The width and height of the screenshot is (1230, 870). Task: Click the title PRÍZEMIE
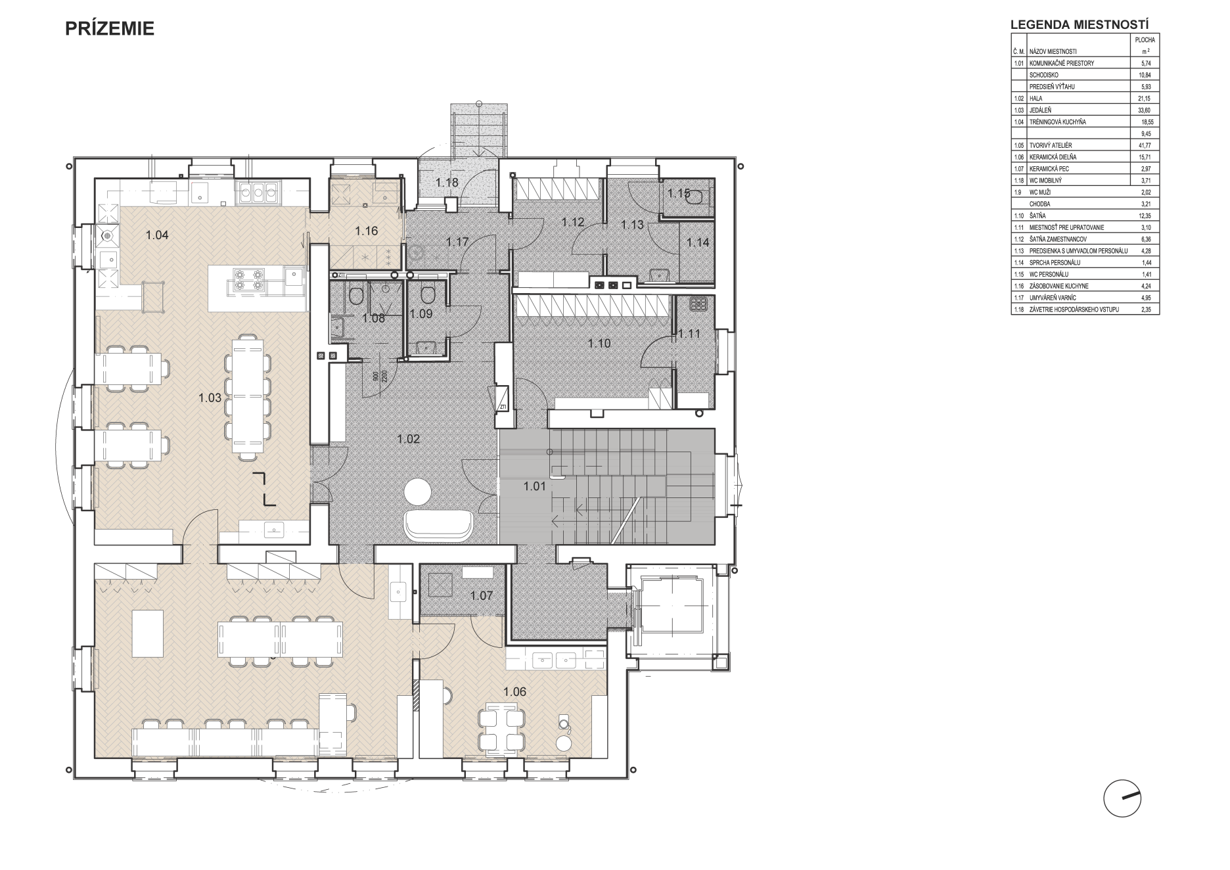tap(110, 29)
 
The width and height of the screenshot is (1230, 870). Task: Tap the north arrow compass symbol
tap(1122, 798)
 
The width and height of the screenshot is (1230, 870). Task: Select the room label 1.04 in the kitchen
tap(157, 235)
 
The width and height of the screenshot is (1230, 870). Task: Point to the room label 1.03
tap(210, 397)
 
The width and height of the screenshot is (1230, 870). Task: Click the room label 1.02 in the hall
tap(408, 439)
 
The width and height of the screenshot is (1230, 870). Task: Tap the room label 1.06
tap(515, 691)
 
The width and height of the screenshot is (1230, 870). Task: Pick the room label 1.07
tap(482, 596)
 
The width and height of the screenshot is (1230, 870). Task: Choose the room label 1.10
tap(599, 343)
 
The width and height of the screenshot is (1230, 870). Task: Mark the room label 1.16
tap(367, 231)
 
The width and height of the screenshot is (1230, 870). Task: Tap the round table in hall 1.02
tap(416, 491)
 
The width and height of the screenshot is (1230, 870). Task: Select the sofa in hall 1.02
tap(438, 524)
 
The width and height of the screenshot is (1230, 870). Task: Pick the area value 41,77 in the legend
tap(1145, 145)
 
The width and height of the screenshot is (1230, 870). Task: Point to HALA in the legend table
tap(1037, 99)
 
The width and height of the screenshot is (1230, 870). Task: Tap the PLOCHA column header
tap(1145, 40)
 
